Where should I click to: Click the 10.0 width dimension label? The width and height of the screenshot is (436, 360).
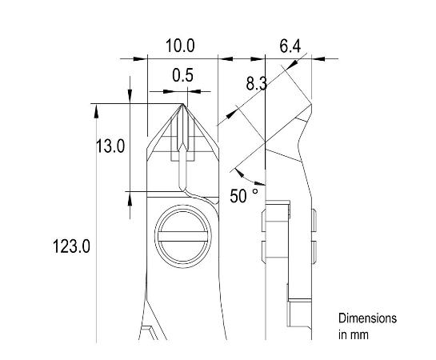coord(180,46)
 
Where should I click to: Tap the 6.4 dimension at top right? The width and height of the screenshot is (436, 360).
coord(290,47)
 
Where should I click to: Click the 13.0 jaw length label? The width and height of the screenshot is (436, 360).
coord(110,146)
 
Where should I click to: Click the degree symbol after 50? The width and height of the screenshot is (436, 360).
coord(255,191)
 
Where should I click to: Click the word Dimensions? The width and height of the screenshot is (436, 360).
coord(367,318)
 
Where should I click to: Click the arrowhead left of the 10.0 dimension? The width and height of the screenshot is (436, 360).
coord(142,58)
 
